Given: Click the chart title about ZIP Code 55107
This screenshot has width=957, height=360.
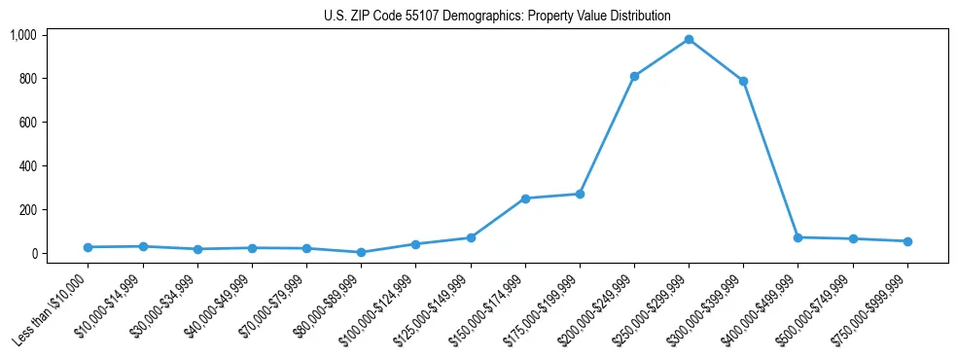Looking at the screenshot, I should (x=497, y=17).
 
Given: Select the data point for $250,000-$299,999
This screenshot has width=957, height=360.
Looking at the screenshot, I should (x=689, y=39).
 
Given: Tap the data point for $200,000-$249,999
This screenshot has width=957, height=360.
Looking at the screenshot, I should (x=634, y=76).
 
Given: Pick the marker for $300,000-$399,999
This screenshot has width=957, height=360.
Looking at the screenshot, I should (x=743, y=81).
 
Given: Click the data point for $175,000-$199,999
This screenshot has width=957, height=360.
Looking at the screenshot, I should (x=580, y=194).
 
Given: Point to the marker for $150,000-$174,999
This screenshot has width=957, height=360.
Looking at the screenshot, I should (x=525, y=198).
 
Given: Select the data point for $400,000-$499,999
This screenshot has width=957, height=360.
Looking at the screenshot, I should (x=797, y=237).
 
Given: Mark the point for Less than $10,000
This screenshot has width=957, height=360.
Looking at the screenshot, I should (x=88, y=247).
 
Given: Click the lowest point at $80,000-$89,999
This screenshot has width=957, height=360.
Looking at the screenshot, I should (x=361, y=252).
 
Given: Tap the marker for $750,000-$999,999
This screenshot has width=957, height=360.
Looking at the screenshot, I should (x=907, y=241).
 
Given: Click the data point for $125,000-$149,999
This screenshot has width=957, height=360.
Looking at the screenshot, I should (x=471, y=237).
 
